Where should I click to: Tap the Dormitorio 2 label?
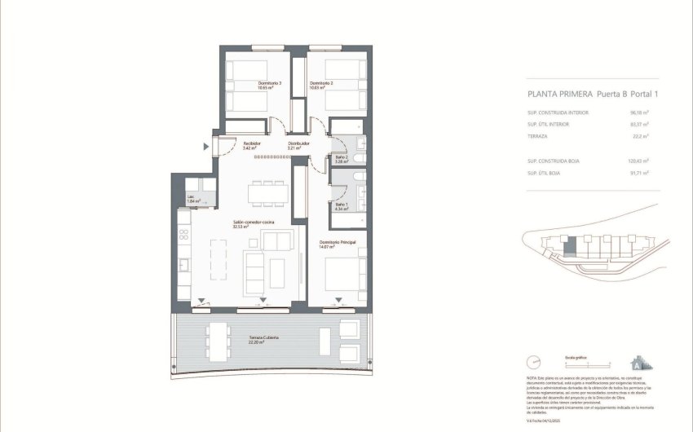(x=321, y=84)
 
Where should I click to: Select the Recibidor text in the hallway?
(x=251, y=143)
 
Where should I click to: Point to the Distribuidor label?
(x=298, y=143)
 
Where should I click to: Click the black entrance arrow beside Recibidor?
(x=206, y=147)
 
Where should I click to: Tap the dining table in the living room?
(x=268, y=192)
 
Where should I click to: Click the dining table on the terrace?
(x=218, y=341)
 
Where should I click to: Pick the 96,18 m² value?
(x=638, y=112)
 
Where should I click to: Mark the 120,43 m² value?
(x=638, y=161)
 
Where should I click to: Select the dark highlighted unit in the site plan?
(x=572, y=245)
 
